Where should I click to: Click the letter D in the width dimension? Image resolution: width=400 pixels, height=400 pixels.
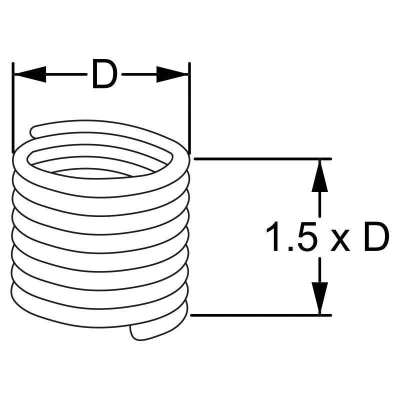[104, 74]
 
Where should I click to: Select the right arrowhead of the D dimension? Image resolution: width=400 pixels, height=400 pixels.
[173, 74]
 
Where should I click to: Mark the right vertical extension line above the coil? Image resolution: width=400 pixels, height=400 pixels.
[189, 105]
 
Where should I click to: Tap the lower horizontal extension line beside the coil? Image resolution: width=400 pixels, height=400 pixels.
[260, 315]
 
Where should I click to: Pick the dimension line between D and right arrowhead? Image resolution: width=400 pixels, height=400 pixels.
[139, 74]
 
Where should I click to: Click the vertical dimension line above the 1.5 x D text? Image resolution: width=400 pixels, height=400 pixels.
[319, 205]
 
